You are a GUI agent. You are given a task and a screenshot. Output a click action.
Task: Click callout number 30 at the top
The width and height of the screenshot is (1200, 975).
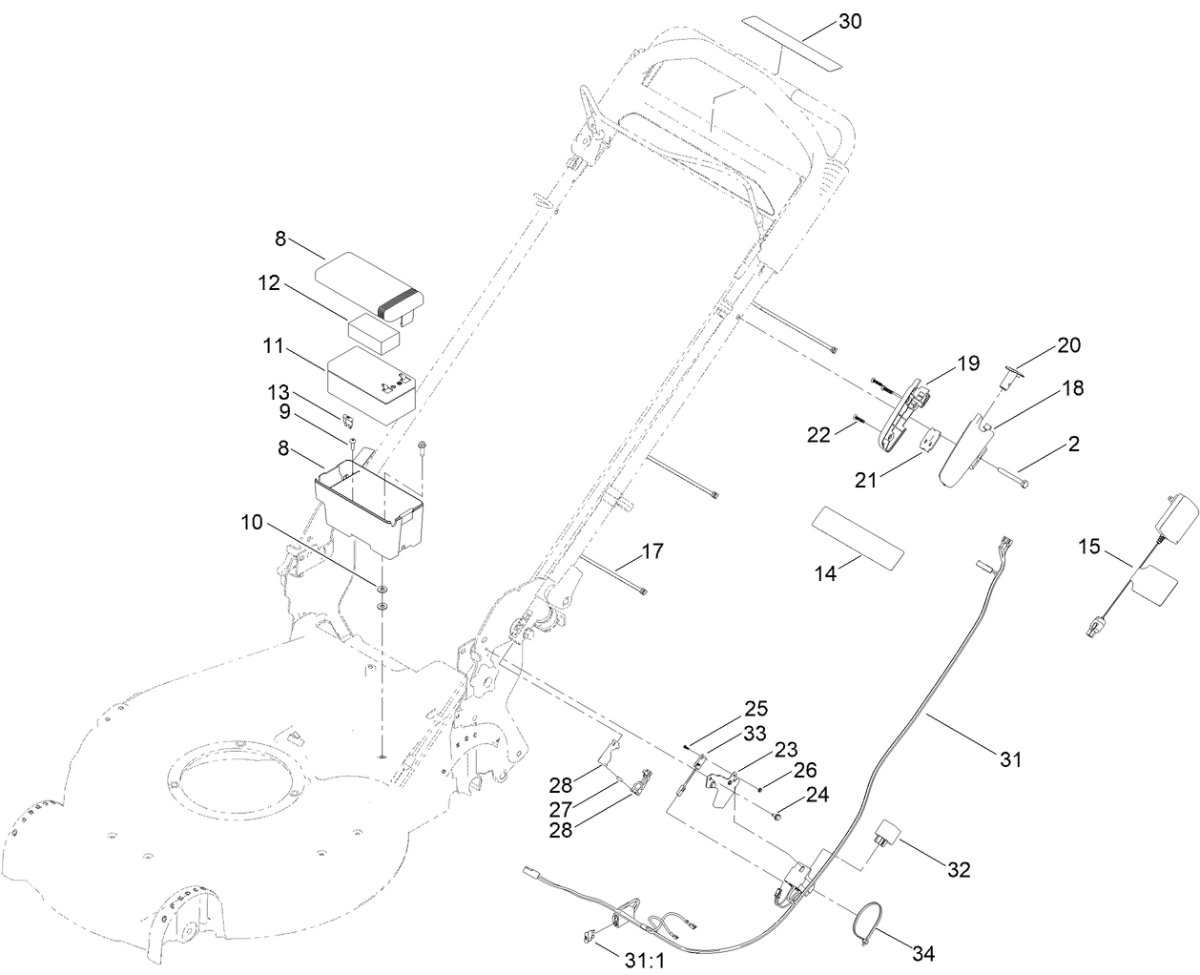pos(850,21)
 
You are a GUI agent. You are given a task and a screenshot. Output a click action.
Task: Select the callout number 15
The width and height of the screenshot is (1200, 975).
pos(1089,548)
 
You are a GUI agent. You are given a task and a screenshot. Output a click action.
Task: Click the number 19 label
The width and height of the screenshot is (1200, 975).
pos(968,363)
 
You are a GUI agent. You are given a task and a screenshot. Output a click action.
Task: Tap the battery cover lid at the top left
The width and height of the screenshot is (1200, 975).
pos(366,278)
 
